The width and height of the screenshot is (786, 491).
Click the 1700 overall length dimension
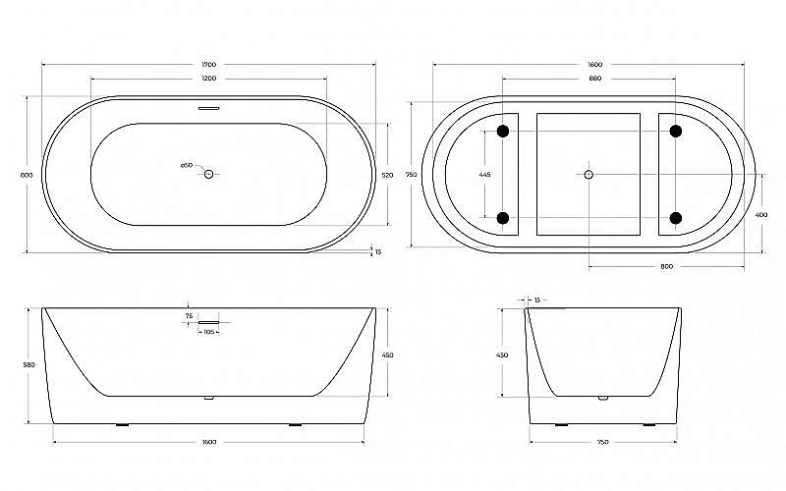(208, 65)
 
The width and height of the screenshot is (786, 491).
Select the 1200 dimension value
(208, 78)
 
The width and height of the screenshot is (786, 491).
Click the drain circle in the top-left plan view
(208, 174)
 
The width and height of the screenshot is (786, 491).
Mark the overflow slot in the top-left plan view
(208, 109)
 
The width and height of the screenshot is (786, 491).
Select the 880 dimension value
(595, 78)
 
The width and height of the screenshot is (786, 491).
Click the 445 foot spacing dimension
(484, 175)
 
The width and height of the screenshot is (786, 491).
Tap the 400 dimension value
(761, 215)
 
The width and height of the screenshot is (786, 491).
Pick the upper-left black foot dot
(503, 131)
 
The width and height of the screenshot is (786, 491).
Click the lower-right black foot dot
(676, 217)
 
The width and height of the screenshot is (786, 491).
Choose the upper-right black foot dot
(676, 131)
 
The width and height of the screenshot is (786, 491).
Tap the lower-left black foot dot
(503, 217)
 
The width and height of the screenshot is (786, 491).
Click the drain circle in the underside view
(589, 174)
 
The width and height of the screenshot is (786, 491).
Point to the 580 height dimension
(28, 365)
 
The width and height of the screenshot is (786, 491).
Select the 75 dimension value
(189, 316)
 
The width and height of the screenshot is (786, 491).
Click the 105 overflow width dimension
(209, 332)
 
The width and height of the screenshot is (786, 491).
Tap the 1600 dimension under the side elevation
(208, 442)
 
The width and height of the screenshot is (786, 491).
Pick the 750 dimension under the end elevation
(602, 442)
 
